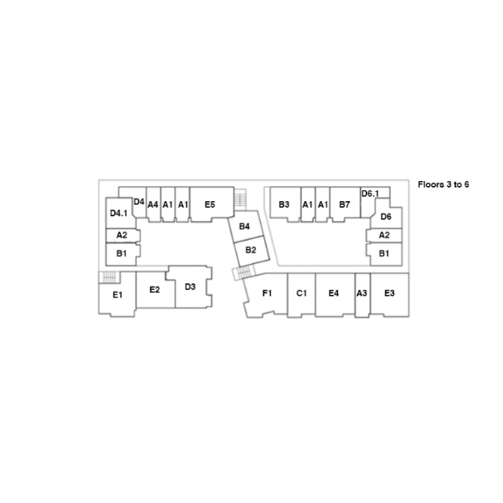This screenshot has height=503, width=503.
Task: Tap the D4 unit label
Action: click(139, 201)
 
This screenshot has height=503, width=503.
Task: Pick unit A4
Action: click(153, 205)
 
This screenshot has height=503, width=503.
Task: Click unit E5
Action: click(210, 205)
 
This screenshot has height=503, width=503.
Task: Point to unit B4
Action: click(245, 227)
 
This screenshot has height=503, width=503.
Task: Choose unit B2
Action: click(251, 250)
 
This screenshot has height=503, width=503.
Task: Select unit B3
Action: click(284, 205)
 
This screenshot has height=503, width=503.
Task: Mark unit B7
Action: click(345, 205)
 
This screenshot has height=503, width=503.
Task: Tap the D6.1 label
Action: click(370, 194)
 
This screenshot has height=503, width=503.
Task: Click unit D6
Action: click(386, 217)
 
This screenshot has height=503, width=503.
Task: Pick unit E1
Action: click(117, 295)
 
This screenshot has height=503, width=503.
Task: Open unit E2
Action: click(154, 290)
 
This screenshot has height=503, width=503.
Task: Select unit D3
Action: click(190, 288)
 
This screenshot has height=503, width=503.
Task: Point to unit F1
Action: click(267, 293)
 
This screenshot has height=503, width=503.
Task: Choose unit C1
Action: click(302, 293)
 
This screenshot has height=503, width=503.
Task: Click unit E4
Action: click(334, 293)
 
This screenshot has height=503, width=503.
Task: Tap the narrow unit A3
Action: click(362, 293)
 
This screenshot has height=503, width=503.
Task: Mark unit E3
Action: click(389, 293)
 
